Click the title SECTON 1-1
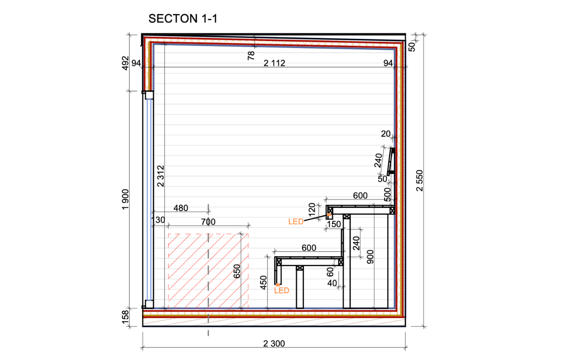(x=183, y=19)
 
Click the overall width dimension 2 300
(x=274, y=344)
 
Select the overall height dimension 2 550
(x=419, y=180)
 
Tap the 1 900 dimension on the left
(x=125, y=199)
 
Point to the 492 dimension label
(x=125, y=63)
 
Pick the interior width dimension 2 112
(x=274, y=63)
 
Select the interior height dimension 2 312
(x=160, y=176)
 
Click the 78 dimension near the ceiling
(x=251, y=55)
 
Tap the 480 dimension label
(x=181, y=208)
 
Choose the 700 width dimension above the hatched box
(x=208, y=222)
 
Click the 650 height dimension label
(x=237, y=271)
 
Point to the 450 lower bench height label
(x=263, y=282)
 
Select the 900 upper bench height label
(x=370, y=257)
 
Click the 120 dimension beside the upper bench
(x=312, y=209)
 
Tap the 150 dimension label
(x=334, y=224)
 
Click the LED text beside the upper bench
(x=296, y=221)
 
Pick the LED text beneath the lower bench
(x=282, y=291)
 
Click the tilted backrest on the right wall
(x=391, y=161)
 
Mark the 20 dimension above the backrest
(x=385, y=134)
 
